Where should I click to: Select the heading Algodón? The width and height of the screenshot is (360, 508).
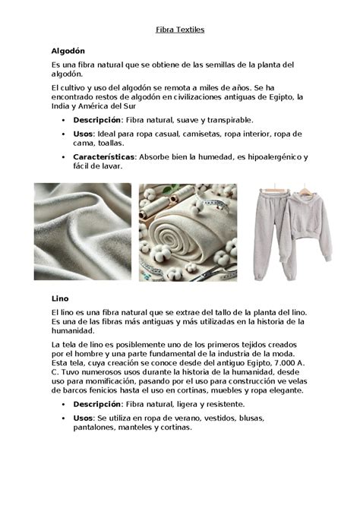coord(68,49)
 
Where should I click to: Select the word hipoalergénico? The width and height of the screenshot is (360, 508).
coord(254,156)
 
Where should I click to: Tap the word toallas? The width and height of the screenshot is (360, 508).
coord(107,143)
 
